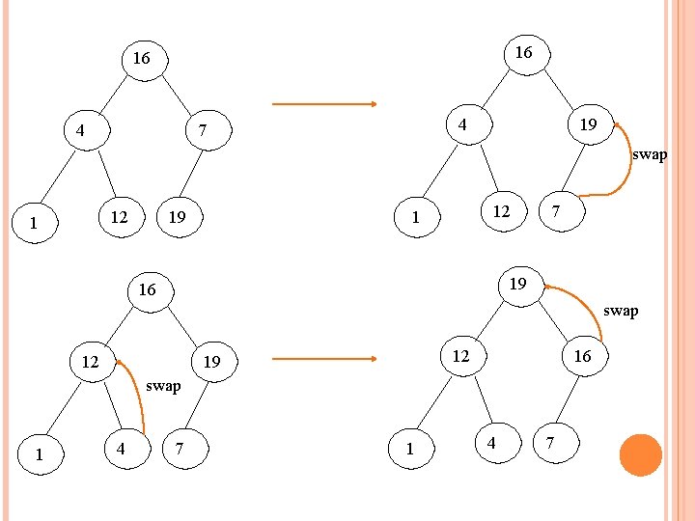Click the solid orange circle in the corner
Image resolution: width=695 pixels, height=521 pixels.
(640, 454)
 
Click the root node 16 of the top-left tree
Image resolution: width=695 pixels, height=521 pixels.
(141, 59)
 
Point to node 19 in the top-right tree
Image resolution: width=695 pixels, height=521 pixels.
(586, 124)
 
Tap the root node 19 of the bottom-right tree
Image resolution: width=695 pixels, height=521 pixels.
(518, 284)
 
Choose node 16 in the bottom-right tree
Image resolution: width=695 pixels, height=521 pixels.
(582, 356)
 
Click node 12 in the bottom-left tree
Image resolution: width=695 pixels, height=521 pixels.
(91, 363)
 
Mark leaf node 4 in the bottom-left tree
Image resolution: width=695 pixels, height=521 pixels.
(121, 449)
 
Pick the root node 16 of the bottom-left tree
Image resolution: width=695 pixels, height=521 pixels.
(147, 289)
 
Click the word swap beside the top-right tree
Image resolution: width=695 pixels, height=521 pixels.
(650, 155)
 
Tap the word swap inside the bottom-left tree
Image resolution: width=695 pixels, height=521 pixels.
(163, 386)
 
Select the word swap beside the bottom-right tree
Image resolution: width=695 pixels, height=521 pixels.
(621, 311)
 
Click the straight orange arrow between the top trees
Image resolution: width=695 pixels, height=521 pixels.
(323, 104)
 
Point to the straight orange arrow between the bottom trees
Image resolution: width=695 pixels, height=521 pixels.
(323, 360)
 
